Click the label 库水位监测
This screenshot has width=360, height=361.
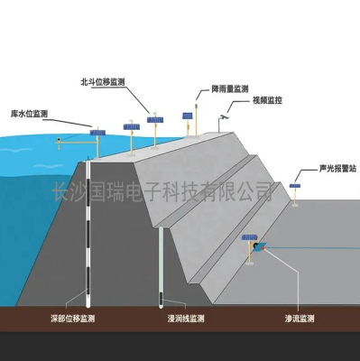[28, 115]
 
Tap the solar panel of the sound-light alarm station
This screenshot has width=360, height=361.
[293, 187]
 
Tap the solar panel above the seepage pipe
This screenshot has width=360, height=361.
[246, 236]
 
